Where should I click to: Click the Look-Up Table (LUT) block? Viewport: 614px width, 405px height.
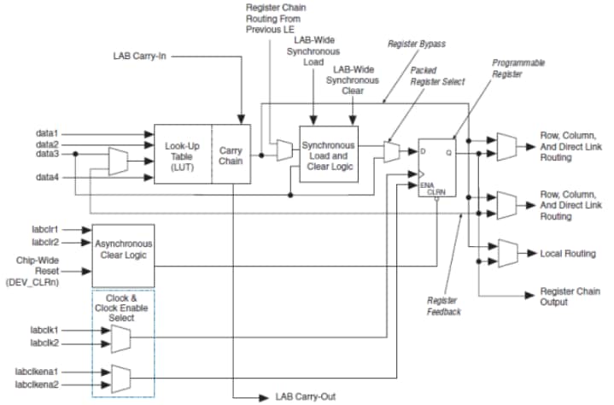pos(181,153)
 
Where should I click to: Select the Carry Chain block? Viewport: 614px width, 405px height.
pos(230,153)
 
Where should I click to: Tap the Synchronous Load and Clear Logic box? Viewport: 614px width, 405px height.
pos(328,153)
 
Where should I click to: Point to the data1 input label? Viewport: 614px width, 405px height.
pos(48,132)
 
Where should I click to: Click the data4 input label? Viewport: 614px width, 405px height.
pos(48,178)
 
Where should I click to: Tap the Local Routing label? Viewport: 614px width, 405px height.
pos(569,254)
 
